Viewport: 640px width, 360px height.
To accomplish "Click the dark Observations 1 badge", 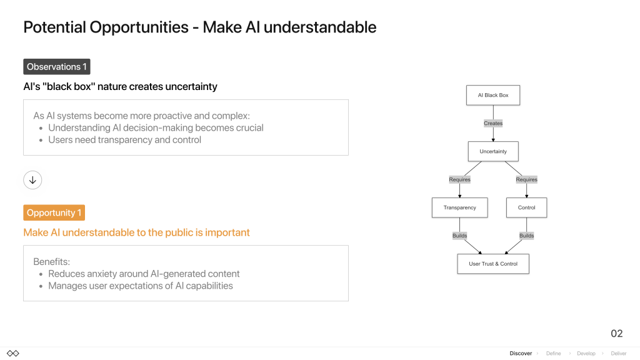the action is [57, 66].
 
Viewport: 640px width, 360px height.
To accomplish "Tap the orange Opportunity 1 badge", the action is [54, 212].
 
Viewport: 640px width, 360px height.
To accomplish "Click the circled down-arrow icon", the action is [32, 180].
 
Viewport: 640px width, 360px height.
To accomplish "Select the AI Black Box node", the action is [493, 95].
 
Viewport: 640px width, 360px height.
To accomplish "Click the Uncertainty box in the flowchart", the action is [493, 151].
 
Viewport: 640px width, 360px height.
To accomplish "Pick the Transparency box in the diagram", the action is [459, 207].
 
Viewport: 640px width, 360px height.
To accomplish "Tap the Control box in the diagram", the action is [526, 207].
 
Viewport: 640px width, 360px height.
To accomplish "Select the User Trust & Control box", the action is [493, 264].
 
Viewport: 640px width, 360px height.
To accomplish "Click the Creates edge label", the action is [493, 123].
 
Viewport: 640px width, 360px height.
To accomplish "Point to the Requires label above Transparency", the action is [459, 179].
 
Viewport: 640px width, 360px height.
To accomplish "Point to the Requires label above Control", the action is [526, 179].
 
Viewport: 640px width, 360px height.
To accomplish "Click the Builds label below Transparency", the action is [459, 236].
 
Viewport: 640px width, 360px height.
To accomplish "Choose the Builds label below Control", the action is [526, 236].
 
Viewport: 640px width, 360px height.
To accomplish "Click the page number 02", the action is [617, 334].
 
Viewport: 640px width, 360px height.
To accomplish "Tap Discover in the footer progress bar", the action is [521, 354].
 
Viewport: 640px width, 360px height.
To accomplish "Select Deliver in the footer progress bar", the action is [619, 354].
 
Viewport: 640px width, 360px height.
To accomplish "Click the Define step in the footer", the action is [554, 354].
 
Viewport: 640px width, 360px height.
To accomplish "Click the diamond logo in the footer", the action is [13, 354].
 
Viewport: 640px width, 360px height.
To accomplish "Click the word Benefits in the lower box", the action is [51, 262].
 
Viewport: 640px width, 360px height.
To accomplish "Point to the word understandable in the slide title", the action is [320, 27].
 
